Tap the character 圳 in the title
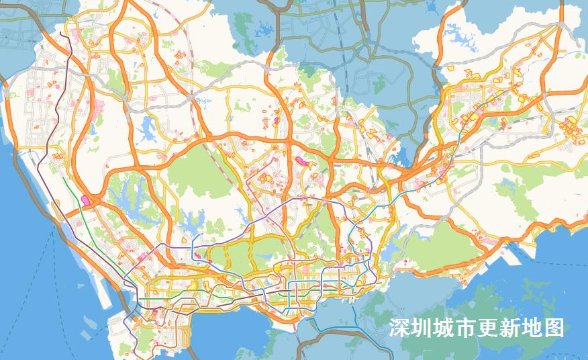tap(422, 328)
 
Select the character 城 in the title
tap(444, 328)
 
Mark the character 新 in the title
tap(510, 328)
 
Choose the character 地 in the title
tap(532, 328)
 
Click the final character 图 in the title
tap(554, 328)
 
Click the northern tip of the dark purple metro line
tap(61, 33)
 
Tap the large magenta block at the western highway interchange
tap(85, 199)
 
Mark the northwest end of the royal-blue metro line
tap(193, 236)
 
